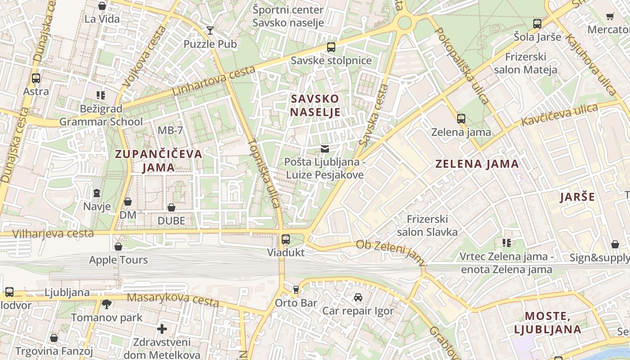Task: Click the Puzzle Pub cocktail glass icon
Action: pyautogui.click(x=210, y=31)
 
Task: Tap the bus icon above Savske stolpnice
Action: pyautogui.click(x=331, y=47)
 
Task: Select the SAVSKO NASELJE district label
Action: pyautogui.click(x=315, y=105)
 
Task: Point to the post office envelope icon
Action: pyautogui.click(x=325, y=149)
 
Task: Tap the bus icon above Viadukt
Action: pyautogui.click(x=286, y=239)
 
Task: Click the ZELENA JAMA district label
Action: pyautogui.click(x=477, y=164)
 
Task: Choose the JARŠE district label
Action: pyautogui.click(x=577, y=197)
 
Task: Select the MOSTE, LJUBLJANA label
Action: pyautogui.click(x=547, y=323)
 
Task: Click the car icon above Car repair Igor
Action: pyautogui.click(x=358, y=297)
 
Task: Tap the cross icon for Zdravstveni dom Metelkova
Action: pyautogui.click(x=162, y=329)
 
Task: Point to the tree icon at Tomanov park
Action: pyautogui.click(x=107, y=305)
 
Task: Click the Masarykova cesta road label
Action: pyautogui.click(x=173, y=299)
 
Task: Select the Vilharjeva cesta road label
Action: pyautogui.click(x=53, y=234)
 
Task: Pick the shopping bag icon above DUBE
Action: pyautogui.click(x=171, y=207)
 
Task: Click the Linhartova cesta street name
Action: pyautogui.click(x=214, y=81)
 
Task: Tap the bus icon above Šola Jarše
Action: pyautogui.click(x=537, y=23)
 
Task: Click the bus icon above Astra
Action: pyautogui.click(x=36, y=78)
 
